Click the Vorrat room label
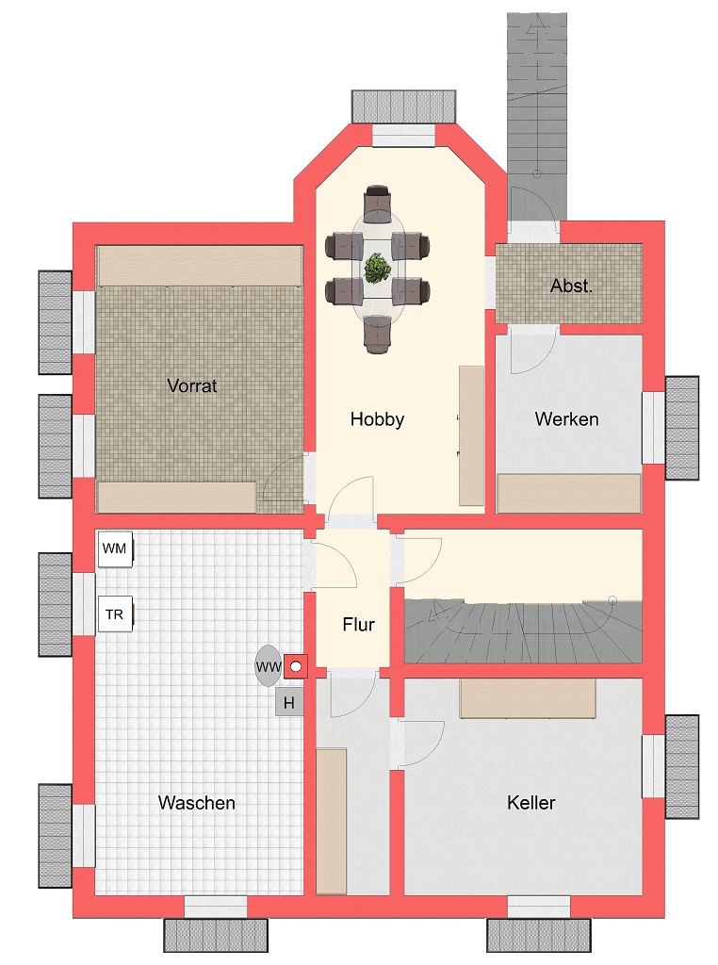(x=192, y=385)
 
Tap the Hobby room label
(x=377, y=419)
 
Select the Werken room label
(x=566, y=419)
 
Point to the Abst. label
(x=571, y=286)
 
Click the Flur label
(x=359, y=625)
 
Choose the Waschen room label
(x=197, y=803)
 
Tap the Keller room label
(x=531, y=803)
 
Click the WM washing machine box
(x=115, y=549)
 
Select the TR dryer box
(x=115, y=614)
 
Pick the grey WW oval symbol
(x=268, y=666)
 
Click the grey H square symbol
(x=289, y=703)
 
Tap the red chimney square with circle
(x=295, y=666)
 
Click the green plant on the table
(x=377, y=269)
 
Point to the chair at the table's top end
(x=377, y=204)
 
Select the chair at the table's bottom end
(x=377, y=334)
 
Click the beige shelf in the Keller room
(x=528, y=698)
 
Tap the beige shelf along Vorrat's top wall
(x=200, y=266)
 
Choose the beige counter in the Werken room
(x=568, y=493)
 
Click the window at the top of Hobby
(x=403, y=136)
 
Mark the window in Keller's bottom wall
(x=539, y=908)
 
